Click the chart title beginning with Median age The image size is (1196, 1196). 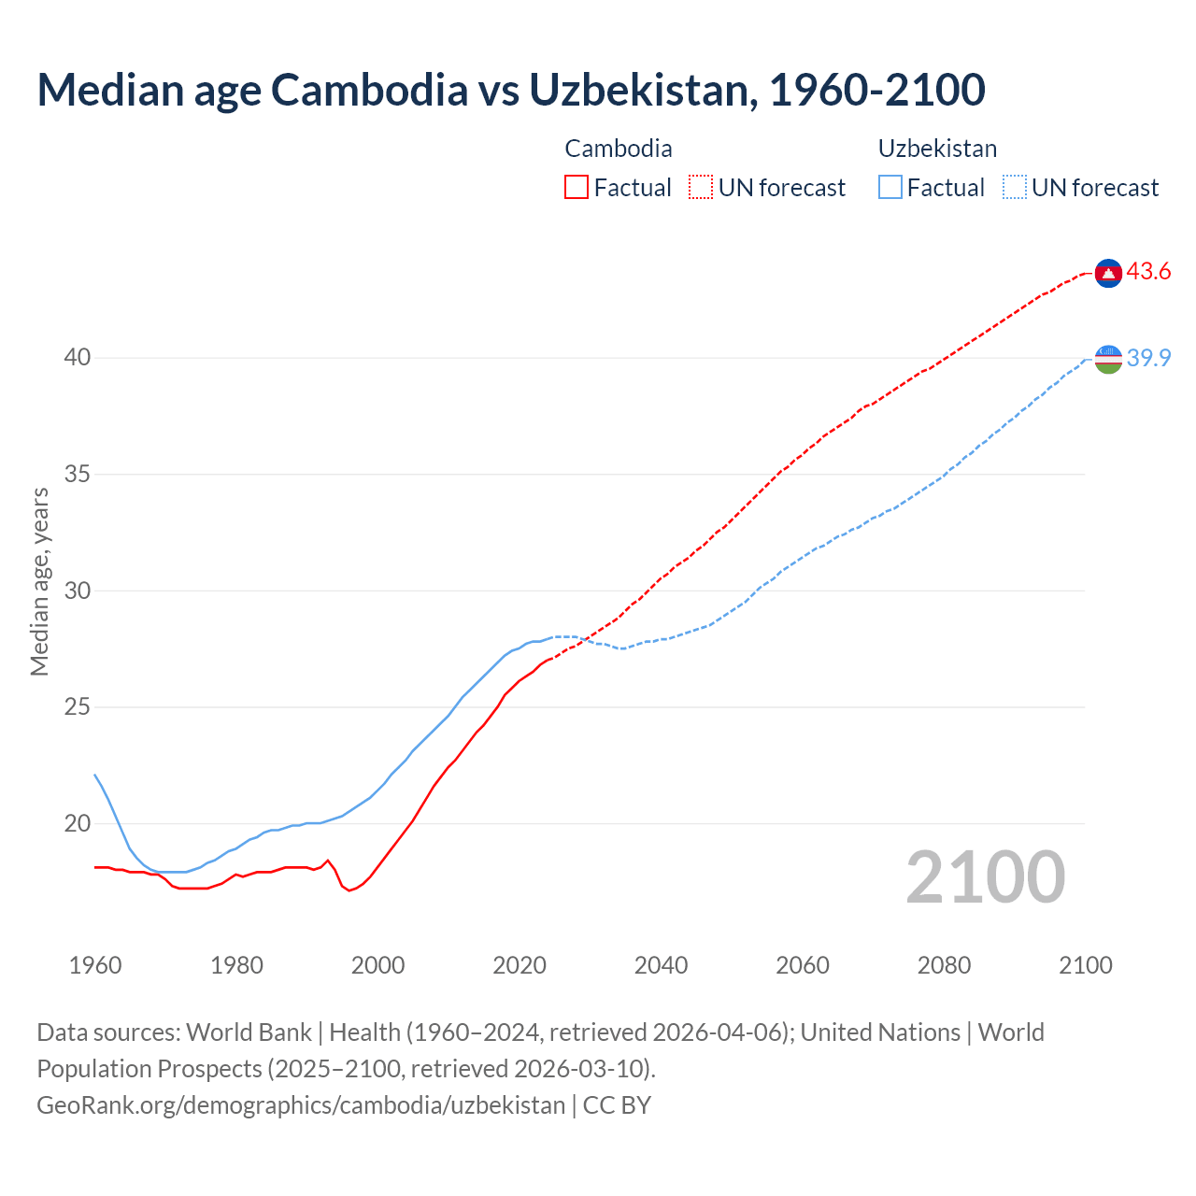click(x=510, y=90)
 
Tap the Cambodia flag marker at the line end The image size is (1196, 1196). click(x=1108, y=273)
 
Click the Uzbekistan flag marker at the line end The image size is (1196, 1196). click(x=1108, y=359)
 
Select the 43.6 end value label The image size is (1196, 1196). click(x=1148, y=272)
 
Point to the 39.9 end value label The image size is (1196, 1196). click(x=1148, y=358)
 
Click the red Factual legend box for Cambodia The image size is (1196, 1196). click(x=577, y=188)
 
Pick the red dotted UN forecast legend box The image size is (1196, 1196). click(x=701, y=188)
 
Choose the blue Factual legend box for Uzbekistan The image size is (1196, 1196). click(x=890, y=188)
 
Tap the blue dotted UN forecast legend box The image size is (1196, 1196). click(x=1015, y=188)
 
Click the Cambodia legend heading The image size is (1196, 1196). click(x=618, y=149)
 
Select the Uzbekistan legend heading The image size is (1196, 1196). click(x=937, y=149)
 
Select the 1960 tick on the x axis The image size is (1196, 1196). click(x=95, y=965)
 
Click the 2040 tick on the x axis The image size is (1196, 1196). click(x=661, y=965)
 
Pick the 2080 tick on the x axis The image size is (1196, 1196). click(x=944, y=965)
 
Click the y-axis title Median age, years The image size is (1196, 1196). click(x=39, y=581)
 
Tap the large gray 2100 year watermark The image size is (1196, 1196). click(x=985, y=877)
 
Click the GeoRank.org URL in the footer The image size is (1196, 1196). click(x=301, y=1105)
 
